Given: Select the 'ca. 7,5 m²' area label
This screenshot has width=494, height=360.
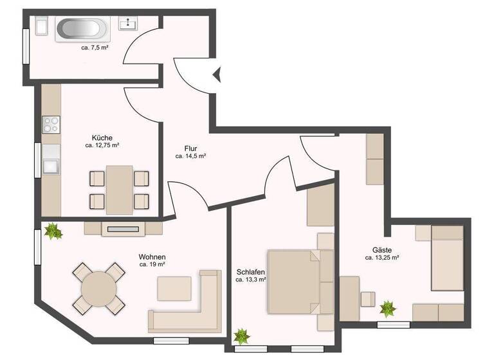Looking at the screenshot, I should pos(94,48).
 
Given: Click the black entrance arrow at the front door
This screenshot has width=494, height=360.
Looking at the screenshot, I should pos(217,75).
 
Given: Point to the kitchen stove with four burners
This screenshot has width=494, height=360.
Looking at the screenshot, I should pos(51,123).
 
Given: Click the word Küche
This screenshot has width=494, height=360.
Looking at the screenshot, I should pos(102,138).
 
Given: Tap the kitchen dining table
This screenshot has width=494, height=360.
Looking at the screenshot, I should pos(119,190).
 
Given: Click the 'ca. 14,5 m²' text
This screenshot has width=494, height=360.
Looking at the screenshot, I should pos(191,156).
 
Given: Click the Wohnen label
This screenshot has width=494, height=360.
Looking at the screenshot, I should pos(152,256).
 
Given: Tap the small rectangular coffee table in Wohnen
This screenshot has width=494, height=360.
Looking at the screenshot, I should pos(174,288).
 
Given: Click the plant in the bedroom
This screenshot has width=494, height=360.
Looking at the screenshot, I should pos(242,335).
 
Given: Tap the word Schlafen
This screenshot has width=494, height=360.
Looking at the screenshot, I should pos(251,272).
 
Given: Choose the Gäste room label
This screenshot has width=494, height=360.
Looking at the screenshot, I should pos(382,249).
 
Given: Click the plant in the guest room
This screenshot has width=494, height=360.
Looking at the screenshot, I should pos(388,309).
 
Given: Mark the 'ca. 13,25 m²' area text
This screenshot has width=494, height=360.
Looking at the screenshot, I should pos(382,258).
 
